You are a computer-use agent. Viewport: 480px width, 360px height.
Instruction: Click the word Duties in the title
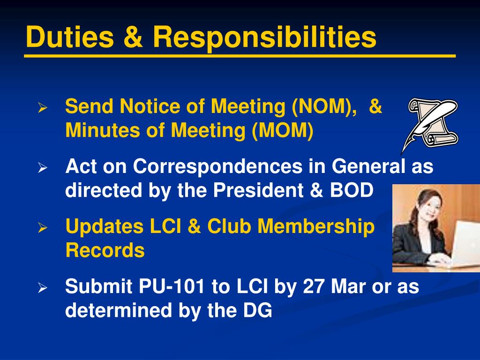[x=69, y=37]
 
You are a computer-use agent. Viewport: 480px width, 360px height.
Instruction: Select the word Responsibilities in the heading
[x=264, y=37]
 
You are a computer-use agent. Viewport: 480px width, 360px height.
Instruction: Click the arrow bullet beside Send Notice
[x=43, y=108]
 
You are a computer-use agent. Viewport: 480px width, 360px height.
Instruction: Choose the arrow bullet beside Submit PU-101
[x=43, y=287]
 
